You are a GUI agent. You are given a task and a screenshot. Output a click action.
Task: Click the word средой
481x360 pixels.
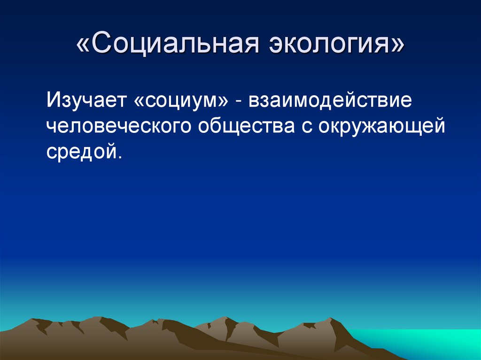[x=80, y=152]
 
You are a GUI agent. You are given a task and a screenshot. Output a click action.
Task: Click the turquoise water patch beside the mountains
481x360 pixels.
[x=423, y=343]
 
